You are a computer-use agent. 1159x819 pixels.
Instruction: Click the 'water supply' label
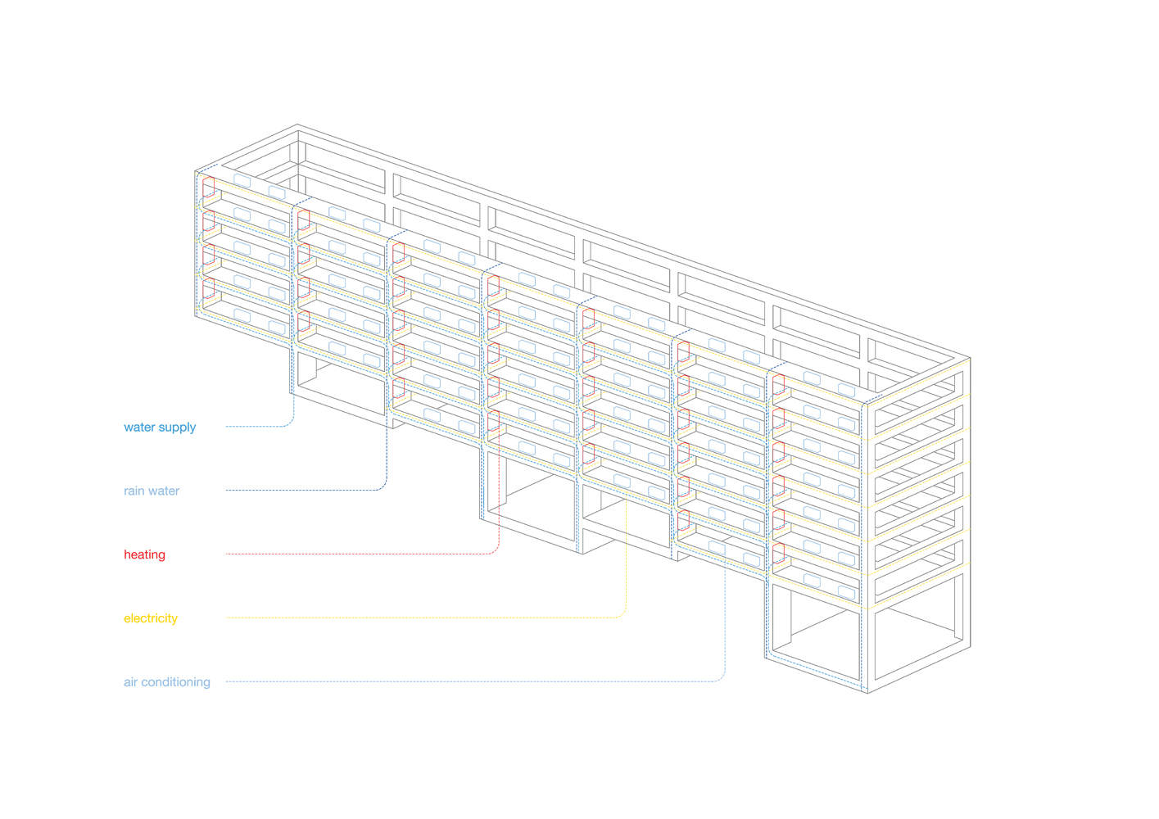click(160, 427)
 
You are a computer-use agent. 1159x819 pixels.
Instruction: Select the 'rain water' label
click(152, 491)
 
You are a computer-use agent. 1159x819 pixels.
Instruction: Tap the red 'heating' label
click(144, 554)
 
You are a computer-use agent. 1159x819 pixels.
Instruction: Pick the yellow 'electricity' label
click(151, 618)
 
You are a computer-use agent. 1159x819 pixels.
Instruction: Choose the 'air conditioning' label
click(167, 682)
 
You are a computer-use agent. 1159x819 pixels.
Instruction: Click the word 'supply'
click(178, 428)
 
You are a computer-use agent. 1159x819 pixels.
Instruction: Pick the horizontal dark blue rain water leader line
click(303, 491)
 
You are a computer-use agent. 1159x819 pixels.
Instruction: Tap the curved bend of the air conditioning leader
click(722, 678)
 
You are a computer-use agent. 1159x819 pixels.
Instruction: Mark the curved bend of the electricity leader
click(623, 614)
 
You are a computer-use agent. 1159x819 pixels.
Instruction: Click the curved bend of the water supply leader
click(290, 423)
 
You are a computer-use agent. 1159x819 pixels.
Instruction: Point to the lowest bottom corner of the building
click(868, 693)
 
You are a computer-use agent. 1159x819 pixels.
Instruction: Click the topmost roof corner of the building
click(297, 124)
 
